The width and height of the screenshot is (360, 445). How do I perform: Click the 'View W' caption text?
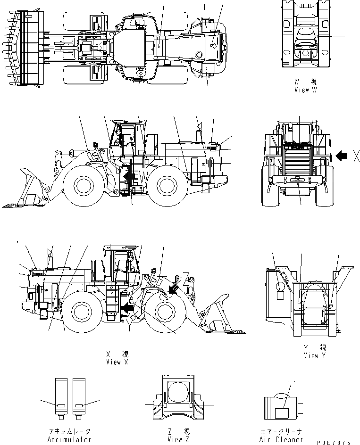tap(308, 90)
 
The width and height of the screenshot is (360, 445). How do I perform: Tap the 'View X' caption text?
tap(117, 362)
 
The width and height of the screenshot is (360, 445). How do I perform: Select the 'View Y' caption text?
tap(315, 355)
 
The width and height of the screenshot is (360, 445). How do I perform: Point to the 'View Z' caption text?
tap(178, 439)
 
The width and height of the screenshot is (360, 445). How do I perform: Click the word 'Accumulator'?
tap(69, 439)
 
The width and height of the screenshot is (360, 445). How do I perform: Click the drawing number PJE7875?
tap(334, 443)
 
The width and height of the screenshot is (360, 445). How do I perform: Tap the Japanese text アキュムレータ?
tap(69, 431)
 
